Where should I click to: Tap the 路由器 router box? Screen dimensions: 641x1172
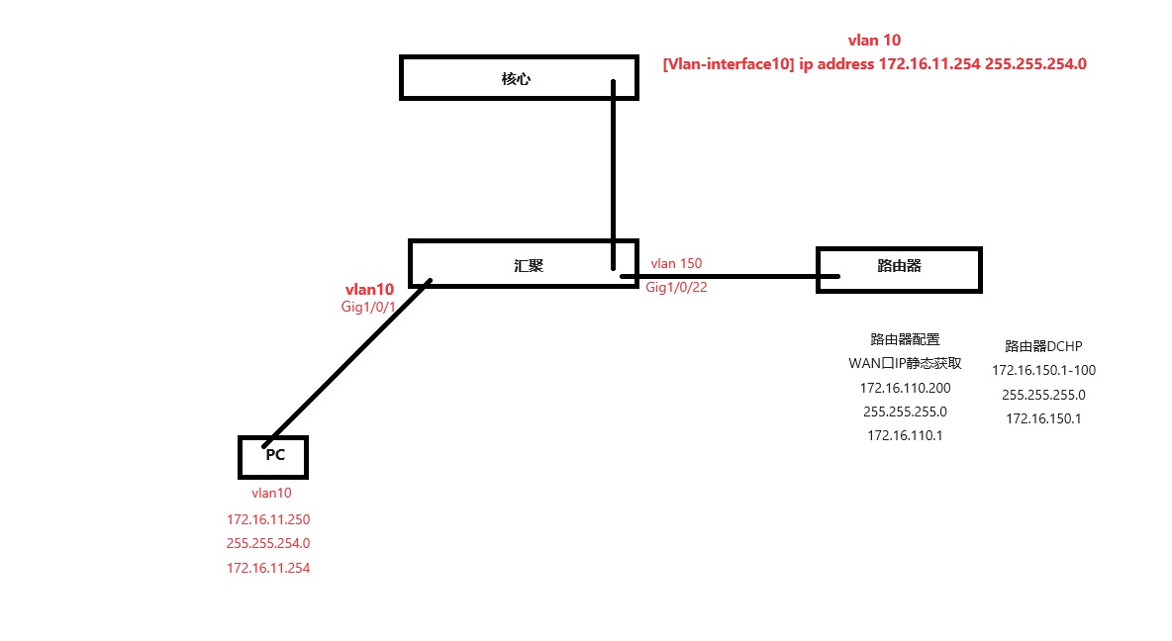click(x=899, y=269)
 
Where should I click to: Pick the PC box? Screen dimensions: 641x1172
click(x=274, y=456)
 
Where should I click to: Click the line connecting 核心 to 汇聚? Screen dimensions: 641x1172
click(x=614, y=168)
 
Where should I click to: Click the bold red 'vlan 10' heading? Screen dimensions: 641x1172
click(x=874, y=41)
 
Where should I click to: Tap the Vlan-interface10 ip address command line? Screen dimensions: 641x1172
click(x=874, y=64)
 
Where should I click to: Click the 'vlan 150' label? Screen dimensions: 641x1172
click(x=676, y=264)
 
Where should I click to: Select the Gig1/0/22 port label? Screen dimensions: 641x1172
click(x=676, y=287)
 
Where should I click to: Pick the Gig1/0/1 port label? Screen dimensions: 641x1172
click(x=367, y=308)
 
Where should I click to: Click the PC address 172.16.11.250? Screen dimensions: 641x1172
click(x=268, y=518)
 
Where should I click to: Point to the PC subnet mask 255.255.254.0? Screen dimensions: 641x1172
click(x=268, y=543)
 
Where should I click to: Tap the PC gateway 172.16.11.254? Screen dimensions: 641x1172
click(x=268, y=568)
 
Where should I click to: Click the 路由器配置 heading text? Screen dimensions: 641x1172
click(x=905, y=339)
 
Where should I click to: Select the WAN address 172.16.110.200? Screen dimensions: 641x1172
click(x=905, y=387)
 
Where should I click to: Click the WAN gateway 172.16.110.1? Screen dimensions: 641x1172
click(x=905, y=434)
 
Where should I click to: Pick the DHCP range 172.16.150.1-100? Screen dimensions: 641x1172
click(x=1043, y=370)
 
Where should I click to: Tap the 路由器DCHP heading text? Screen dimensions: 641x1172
click(x=1043, y=346)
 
